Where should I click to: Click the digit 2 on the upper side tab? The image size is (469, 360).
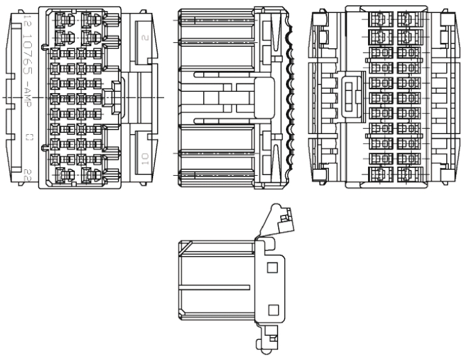pos(143,36)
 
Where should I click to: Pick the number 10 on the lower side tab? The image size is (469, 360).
pos(143,158)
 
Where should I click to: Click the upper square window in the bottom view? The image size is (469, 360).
pos(273,266)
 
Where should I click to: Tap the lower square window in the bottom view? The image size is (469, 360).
pos(273,310)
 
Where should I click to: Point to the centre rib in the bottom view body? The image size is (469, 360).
pos(215,286)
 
